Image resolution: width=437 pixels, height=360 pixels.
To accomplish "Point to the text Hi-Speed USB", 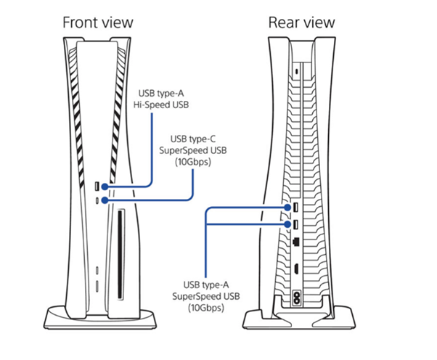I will pos(160,105).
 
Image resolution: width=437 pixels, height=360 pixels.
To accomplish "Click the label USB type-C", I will pos(192,137).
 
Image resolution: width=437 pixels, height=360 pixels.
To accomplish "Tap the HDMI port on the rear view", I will pos(297,269).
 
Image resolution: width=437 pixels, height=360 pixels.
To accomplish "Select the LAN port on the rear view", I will pos(297,240).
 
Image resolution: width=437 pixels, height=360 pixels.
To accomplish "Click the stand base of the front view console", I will pos(98,318).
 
